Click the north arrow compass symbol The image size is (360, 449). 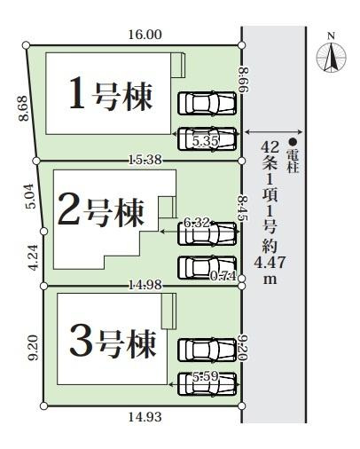pos(332,56)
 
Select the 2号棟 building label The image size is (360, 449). pos(99,209)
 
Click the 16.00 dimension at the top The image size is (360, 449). pos(145,35)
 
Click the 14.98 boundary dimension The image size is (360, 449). pos(144,284)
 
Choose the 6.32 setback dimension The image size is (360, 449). pos(197,223)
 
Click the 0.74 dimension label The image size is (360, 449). pos(221,276)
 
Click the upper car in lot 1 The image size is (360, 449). pos(207,103)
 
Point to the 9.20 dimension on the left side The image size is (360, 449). pos(33,347)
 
